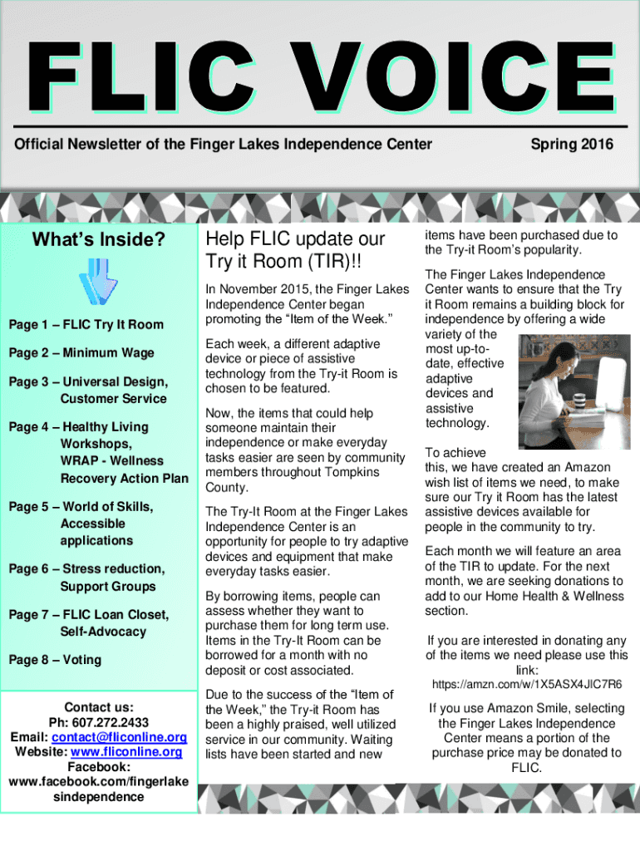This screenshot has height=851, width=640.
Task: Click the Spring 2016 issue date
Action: (x=573, y=145)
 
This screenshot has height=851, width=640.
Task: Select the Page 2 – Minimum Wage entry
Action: (x=81, y=353)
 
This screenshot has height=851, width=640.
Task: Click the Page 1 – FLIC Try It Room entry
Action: (x=86, y=324)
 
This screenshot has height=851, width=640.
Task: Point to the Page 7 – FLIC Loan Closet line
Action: (x=87, y=615)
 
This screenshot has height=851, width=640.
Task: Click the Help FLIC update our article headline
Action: (x=295, y=240)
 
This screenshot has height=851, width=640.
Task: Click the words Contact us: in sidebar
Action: (x=99, y=707)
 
